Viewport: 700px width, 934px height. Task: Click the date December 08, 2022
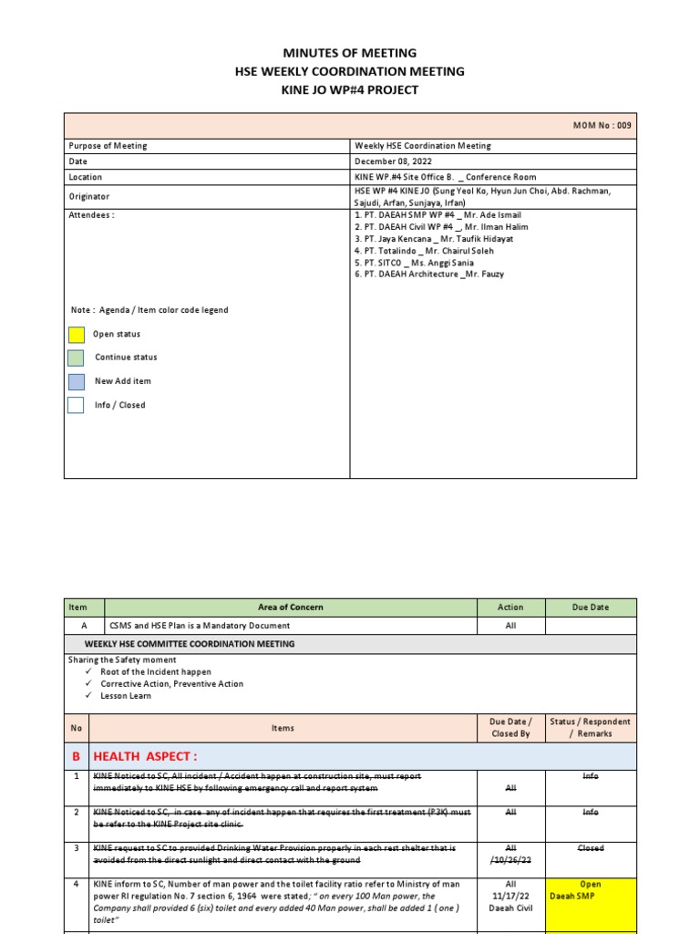(394, 161)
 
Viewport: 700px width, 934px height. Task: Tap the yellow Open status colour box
(77, 335)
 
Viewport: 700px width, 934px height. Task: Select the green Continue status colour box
(77, 358)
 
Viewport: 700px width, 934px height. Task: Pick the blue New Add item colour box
(77, 381)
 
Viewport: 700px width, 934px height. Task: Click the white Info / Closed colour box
(77, 405)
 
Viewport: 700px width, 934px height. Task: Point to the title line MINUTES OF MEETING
(350, 53)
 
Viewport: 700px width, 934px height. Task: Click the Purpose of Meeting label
(108, 146)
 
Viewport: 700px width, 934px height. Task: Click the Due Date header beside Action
(591, 607)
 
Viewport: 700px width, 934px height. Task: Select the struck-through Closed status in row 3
(591, 848)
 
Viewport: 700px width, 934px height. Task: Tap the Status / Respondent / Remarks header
(591, 727)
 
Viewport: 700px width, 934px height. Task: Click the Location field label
(86, 177)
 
